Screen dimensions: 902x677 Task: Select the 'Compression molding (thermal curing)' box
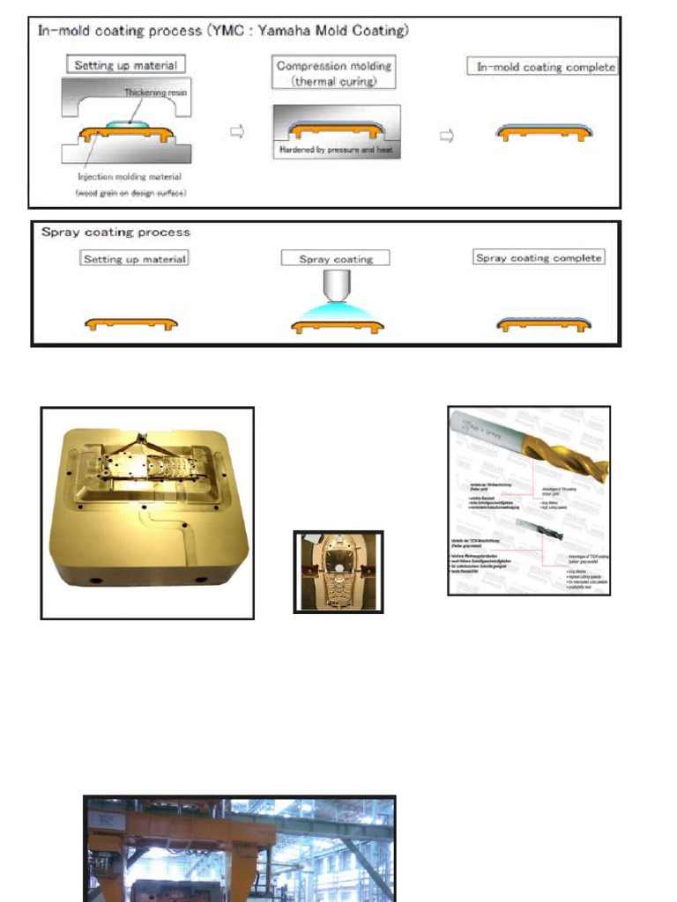[335, 72]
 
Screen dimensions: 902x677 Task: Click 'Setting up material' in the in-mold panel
[125, 65]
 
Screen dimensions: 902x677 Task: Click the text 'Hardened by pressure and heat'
[337, 151]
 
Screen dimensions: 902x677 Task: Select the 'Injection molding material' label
[129, 177]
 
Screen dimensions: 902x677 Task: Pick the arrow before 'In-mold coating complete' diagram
[446, 136]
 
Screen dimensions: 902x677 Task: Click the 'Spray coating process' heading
[115, 233]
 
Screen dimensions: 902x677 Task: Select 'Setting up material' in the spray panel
[135, 259]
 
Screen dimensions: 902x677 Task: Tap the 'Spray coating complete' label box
[539, 258]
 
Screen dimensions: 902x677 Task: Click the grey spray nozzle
[336, 284]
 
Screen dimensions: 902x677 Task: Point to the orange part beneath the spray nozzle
[337, 327]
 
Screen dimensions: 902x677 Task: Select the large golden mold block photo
[147, 512]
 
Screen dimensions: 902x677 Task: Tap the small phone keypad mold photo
[338, 572]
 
